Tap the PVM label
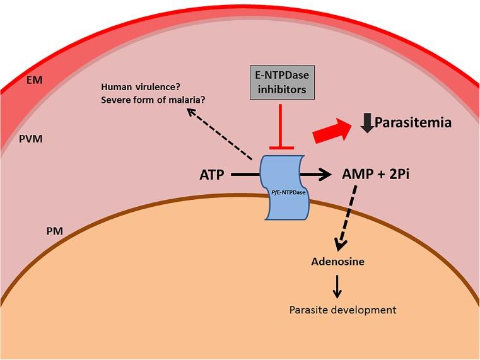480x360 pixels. pyautogui.click(x=30, y=138)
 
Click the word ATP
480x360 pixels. pyautogui.click(x=211, y=174)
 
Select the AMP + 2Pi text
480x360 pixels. pyautogui.click(x=376, y=174)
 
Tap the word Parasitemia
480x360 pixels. pyautogui.click(x=413, y=122)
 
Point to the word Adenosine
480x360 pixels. pyautogui.click(x=337, y=260)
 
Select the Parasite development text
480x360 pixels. pyautogui.click(x=342, y=310)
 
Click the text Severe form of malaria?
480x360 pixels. pyautogui.click(x=153, y=98)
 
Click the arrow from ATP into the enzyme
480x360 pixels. pyautogui.click(x=246, y=174)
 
